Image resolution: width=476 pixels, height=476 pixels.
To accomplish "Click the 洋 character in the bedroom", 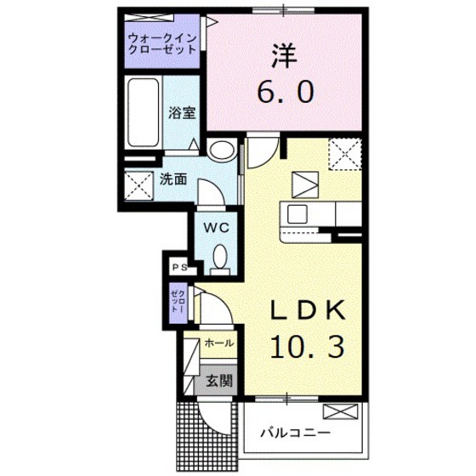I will tap(282, 56).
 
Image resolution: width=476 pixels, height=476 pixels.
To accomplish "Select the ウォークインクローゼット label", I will tap(162, 43).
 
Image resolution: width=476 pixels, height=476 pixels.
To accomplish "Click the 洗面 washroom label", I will tap(172, 179).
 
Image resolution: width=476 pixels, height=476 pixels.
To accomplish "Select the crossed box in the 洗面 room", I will tap(136, 183).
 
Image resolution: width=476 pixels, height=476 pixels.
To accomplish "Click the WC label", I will tap(213, 227).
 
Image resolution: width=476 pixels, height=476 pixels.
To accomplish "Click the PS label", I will tap(179, 267).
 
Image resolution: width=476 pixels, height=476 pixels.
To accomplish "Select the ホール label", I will tap(219, 344).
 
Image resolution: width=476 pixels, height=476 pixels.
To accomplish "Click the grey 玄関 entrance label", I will tap(218, 381).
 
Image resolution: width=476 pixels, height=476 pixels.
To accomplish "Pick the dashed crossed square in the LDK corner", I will tap(344, 154).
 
